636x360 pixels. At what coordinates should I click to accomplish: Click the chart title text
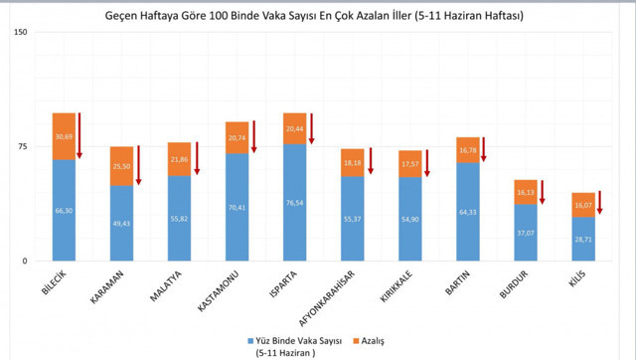(x=316, y=17)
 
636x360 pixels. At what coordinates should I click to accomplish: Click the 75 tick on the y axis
(x=22, y=146)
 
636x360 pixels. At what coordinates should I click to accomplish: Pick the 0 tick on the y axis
(x=25, y=261)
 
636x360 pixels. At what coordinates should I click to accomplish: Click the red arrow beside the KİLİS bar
(x=600, y=204)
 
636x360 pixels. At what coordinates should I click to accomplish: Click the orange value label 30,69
(x=65, y=136)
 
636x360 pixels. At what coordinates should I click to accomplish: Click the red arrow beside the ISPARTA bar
(x=311, y=129)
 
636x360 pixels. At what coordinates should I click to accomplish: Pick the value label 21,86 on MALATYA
(x=180, y=159)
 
